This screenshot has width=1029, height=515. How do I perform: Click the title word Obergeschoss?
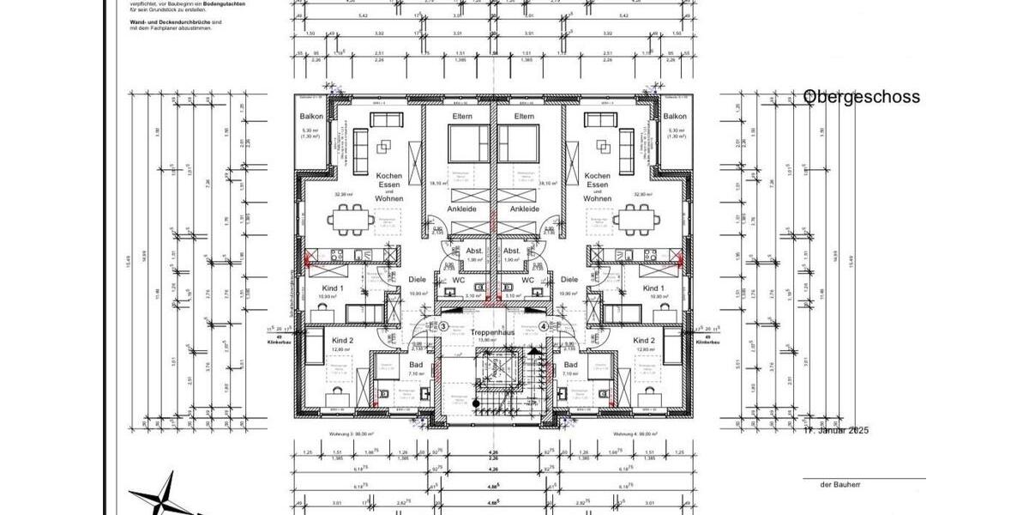click(x=861, y=97)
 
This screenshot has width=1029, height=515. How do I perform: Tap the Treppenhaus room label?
click(x=490, y=332)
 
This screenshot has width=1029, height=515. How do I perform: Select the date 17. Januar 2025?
click(x=835, y=430)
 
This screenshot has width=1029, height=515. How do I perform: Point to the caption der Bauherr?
click(x=838, y=485)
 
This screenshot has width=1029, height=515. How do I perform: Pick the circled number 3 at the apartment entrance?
click(x=443, y=326)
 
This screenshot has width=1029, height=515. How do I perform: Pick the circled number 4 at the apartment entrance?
click(x=543, y=326)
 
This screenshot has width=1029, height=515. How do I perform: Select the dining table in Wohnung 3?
click(x=350, y=220)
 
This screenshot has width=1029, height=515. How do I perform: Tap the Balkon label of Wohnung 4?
click(x=675, y=116)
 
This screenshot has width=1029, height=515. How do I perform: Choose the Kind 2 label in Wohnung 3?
click(x=344, y=341)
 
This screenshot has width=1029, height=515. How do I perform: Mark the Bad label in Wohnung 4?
click(x=571, y=365)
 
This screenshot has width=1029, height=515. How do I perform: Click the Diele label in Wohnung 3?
click(x=417, y=279)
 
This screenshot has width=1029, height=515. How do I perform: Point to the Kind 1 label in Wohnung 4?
click(x=653, y=288)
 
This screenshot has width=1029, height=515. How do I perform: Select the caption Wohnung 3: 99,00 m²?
click(x=354, y=433)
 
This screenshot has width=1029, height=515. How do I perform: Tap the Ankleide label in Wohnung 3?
click(x=461, y=209)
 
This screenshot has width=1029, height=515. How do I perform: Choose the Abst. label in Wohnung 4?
click(x=513, y=251)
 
